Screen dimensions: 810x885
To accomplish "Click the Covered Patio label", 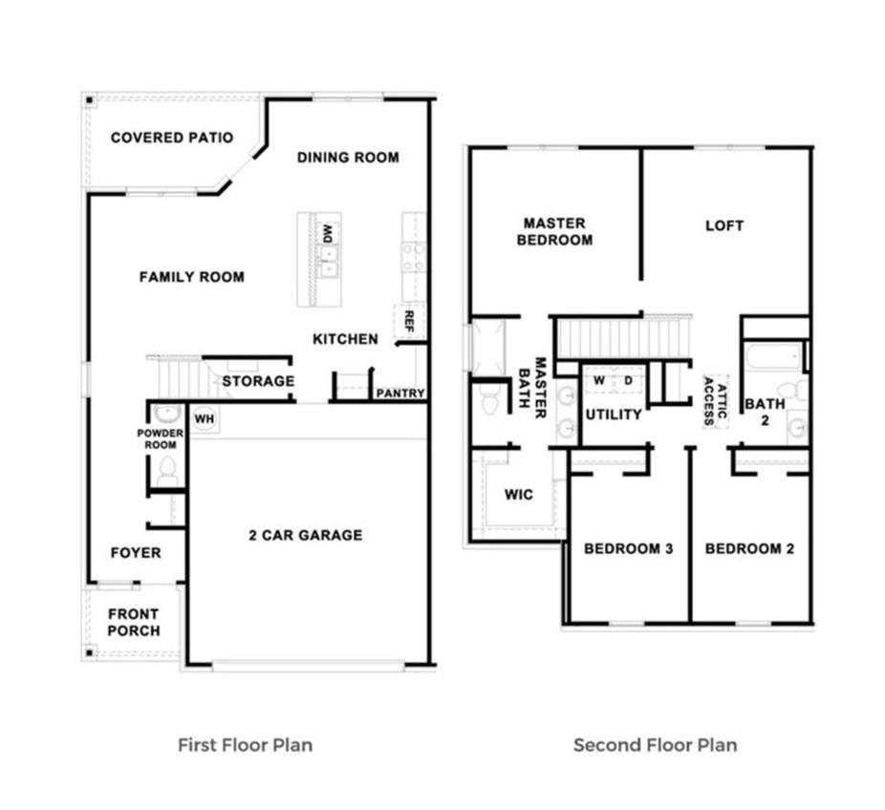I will coord(172,138).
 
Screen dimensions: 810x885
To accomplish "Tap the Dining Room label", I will coord(348,157).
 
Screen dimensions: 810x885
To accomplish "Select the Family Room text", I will coord(192,277).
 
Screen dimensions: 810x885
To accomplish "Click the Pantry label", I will coord(400,393).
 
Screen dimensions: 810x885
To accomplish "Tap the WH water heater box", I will coord(204,418).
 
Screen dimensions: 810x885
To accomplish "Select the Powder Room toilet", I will coord(168,470).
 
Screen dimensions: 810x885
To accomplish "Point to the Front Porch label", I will coord(134,622).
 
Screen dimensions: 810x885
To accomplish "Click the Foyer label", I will coord(136,553).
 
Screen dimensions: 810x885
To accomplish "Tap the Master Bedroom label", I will coord(554,231).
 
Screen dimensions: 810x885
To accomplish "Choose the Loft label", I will coord(724,225).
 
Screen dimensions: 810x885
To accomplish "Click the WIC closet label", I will coord(518,495).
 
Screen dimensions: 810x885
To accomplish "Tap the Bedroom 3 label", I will coord(629,548).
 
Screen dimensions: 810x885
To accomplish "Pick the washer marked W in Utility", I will coord(599,381).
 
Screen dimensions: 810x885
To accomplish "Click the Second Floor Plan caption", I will coord(656,744).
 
